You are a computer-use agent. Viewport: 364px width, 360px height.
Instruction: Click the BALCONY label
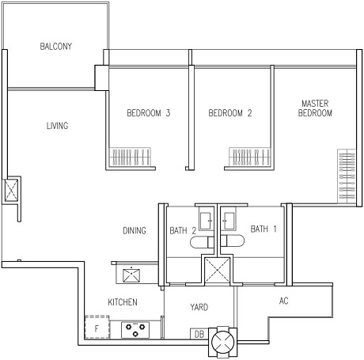click(x=56, y=47)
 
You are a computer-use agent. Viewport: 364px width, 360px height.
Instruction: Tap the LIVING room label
click(x=57, y=126)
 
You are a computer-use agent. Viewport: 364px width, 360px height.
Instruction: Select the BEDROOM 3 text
click(x=149, y=113)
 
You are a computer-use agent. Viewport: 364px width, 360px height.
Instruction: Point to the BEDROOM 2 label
click(x=230, y=113)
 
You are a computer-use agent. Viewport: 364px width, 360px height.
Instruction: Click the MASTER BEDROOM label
click(x=315, y=108)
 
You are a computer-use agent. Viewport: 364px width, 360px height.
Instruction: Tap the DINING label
click(x=135, y=230)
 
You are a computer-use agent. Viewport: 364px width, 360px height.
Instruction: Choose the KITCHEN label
click(x=123, y=302)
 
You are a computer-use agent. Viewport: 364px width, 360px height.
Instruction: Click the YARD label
click(x=199, y=307)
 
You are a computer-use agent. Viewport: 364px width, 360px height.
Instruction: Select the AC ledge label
click(x=283, y=301)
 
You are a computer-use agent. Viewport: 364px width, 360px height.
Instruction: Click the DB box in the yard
click(x=199, y=334)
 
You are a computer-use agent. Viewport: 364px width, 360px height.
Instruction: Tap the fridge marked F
click(x=97, y=328)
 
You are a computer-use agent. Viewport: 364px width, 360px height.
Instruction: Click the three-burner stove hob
click(x=135, y=330)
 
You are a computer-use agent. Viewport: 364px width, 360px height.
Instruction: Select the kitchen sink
click(x=131, y=275)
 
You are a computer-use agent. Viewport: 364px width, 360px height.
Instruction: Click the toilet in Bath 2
click(x=202, y=242)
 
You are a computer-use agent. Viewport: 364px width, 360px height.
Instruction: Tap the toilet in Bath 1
click(x=233, y=241)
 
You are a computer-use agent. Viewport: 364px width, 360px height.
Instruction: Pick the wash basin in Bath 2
click(x=207, y=221)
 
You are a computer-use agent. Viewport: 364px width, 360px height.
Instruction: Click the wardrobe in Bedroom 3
click(x=131, y=157)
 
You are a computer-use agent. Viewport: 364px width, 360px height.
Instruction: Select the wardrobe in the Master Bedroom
click(x=347, y=176)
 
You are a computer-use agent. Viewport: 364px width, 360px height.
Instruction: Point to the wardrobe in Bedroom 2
click(x=250, y=157)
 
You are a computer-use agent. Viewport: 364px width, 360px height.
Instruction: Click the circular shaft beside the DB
click(x=222, y=342)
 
